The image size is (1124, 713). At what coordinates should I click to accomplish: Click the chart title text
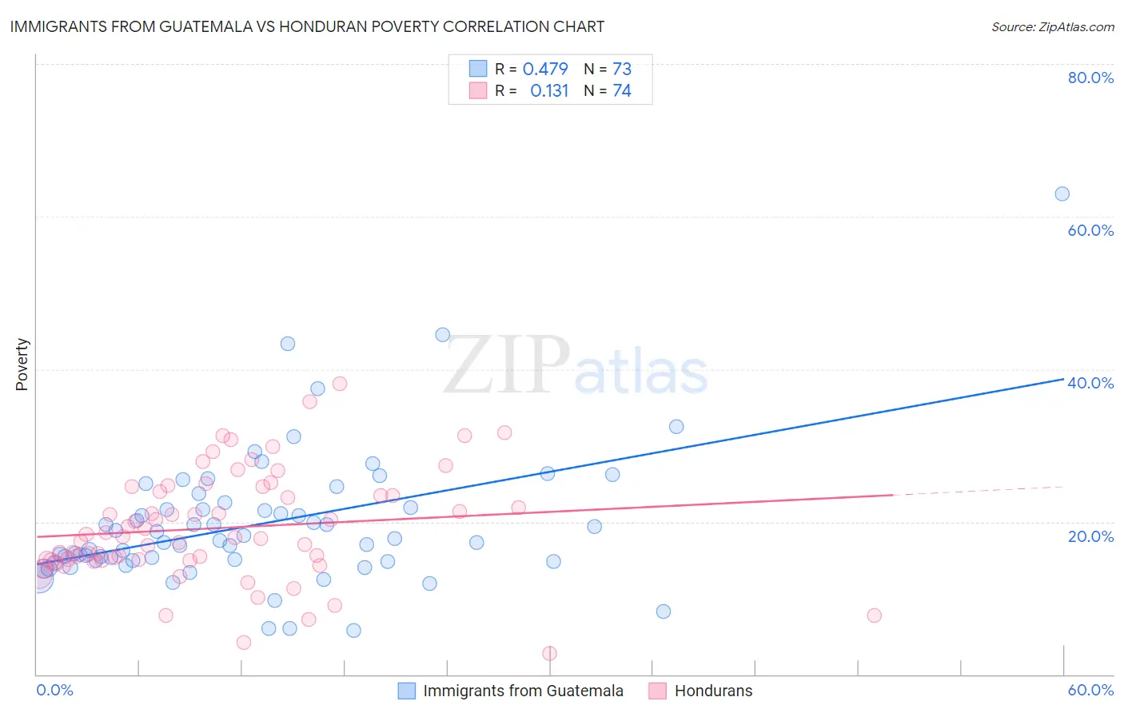(307, 26)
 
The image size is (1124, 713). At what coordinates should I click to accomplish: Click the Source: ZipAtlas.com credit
(1052, 26)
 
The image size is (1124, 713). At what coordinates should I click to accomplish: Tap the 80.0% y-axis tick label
(1090, 78)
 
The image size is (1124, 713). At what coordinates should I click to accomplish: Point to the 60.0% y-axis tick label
(1090, 230)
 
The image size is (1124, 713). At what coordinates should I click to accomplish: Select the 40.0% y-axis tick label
(1090, 383)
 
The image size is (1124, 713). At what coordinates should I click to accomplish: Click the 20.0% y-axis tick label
(1090, 536)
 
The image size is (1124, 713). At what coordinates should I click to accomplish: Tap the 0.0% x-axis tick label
(54, 690)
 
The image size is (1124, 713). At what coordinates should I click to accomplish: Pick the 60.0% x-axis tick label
(1090, 690)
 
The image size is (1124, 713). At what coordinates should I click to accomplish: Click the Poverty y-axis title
(22, 364)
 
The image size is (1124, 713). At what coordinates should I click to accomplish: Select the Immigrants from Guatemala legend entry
(523, 691)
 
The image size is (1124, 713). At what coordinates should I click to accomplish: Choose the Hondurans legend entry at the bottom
(713, 691)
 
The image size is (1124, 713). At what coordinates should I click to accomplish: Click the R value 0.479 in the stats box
(545, 69)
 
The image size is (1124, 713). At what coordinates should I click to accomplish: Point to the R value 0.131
(549, 90)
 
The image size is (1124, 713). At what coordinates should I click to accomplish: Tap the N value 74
(622, 90)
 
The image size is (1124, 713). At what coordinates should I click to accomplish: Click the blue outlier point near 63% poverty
(1062, 193)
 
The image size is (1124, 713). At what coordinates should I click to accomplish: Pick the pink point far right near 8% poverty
(874, 615)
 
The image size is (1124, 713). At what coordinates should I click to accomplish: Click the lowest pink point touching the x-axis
(549, 653)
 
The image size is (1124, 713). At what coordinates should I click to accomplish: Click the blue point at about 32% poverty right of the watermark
(676, 427)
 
